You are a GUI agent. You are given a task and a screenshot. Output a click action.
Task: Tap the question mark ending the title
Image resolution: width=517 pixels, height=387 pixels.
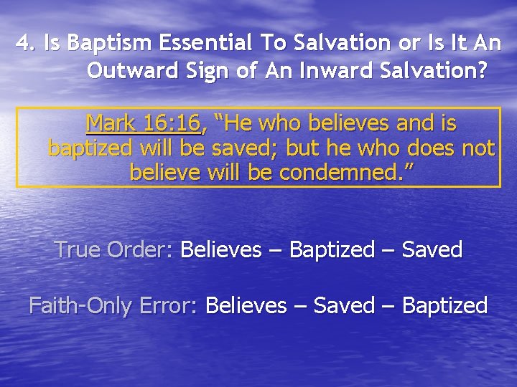[x=482, y=72]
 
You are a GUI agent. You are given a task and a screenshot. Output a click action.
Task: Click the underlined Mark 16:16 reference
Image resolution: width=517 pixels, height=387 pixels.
[x=143, y=124]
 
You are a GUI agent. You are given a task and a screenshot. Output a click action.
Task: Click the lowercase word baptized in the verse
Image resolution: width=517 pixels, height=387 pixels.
[x=90, y=148]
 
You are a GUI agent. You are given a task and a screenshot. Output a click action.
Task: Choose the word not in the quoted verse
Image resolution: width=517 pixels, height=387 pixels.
[x=478, y=148]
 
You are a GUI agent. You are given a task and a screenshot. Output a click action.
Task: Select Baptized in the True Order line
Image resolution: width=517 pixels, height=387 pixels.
[x=332, y=250]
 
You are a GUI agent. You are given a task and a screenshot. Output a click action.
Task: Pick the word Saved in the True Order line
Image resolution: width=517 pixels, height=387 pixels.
[x=432, y=250]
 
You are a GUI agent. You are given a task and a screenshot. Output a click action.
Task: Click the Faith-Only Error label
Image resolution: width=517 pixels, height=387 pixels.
[x=112, y=306]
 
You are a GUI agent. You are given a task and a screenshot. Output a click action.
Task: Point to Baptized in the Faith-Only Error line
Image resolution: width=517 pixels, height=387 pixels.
[x=444, y=306]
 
